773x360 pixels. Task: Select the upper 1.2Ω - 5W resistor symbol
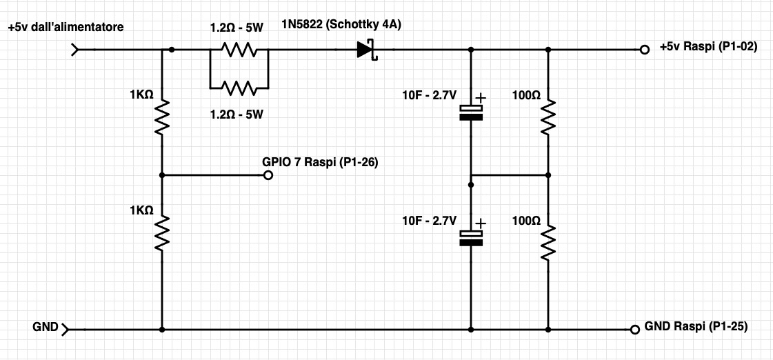click(239, 50)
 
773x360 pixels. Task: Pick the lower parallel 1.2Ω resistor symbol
click(239, 88)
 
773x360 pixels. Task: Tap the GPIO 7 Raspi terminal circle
click(268, 175)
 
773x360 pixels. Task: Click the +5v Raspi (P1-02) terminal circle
click(644, 50)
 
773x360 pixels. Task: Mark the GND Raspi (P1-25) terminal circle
click(635, 329)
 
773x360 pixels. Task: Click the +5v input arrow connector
click(75, 50)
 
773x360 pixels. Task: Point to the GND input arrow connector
click(66, 329)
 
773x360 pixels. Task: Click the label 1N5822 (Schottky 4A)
click(341, 25)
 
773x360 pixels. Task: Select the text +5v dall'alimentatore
click(66, 27)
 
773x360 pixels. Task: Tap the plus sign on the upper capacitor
click(480, 98)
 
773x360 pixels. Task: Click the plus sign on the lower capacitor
click(480, 223)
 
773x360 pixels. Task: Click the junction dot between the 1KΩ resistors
click(162, 175)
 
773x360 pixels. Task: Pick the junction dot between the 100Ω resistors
click(549, 175)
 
